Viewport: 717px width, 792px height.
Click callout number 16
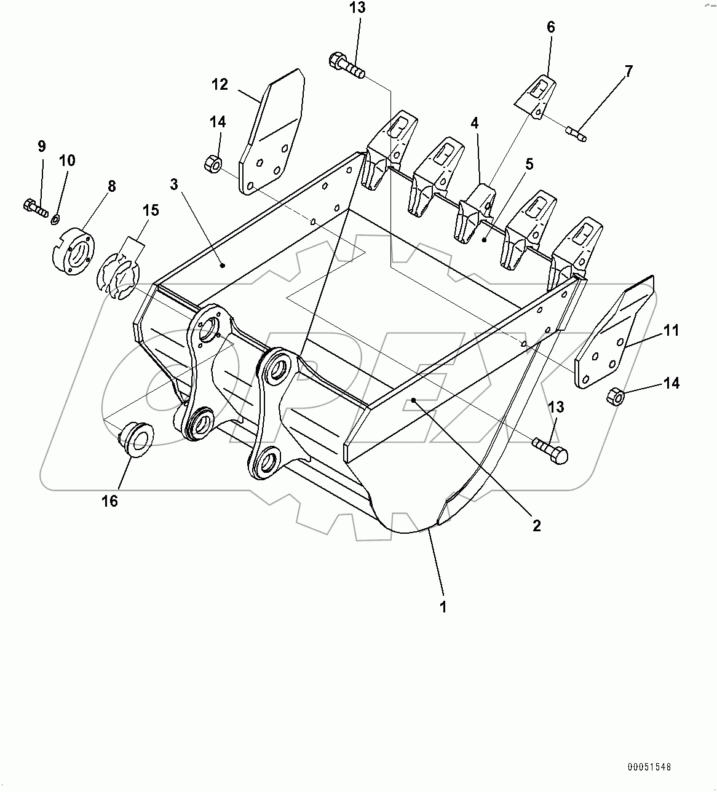point(109,501)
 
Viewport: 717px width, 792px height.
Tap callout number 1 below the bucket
point(443,607)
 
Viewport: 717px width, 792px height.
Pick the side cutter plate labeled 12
point(271,132)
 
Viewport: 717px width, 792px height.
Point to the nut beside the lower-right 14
point(616,396)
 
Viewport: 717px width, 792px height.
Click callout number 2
point(536,526)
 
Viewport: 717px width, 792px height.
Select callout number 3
point(175,184)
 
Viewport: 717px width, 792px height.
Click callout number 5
point(529,164)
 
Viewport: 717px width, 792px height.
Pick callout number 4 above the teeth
point(475,123)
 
